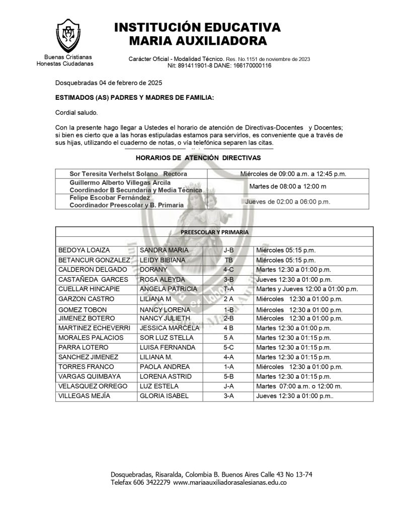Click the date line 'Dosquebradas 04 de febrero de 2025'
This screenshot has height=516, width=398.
click(109, 83)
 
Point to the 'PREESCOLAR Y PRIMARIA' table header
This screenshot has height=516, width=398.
click(214, 232)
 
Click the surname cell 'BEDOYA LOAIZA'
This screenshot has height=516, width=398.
click(84, 250)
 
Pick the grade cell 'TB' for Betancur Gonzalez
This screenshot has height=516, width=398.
click(228, 260)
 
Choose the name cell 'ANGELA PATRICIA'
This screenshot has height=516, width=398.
click(169, 289)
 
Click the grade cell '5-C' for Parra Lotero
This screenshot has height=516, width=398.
click(228, 348)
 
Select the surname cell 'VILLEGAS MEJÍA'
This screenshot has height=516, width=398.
click(85, 396)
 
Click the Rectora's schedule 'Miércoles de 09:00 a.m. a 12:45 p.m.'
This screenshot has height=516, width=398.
click(293, 174)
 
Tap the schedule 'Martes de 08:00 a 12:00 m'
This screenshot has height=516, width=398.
click(288, 186)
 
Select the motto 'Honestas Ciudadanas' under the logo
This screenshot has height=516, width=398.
click(65, 64)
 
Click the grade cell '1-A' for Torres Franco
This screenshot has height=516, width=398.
click(228, 367)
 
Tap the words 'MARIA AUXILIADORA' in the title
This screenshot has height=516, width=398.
click(198, 41)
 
